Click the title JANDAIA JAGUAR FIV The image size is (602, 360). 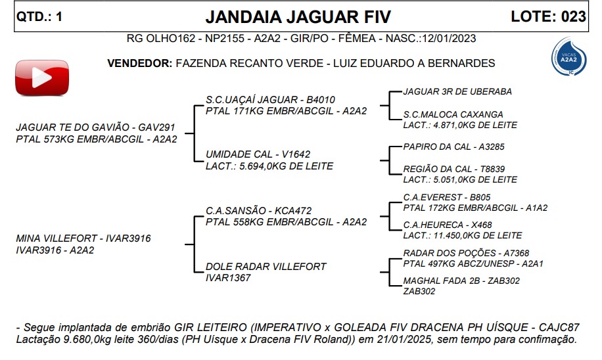(x=298, y=16)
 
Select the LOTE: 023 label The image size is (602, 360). (x=548, y=17)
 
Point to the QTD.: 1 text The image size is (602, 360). (x=39, y=17)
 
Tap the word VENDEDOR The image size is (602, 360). (x=139, y=64)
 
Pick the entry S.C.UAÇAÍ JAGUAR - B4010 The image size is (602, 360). (x=270, y=100)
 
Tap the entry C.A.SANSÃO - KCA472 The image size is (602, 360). (x=258, y=211)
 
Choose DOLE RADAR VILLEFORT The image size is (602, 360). (x=266, y=267)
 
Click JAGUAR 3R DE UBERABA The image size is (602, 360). (x=457, y=91)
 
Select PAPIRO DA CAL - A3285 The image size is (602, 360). (x=453, y=146)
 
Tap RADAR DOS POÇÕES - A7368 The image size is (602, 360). (x=465, y=253)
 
